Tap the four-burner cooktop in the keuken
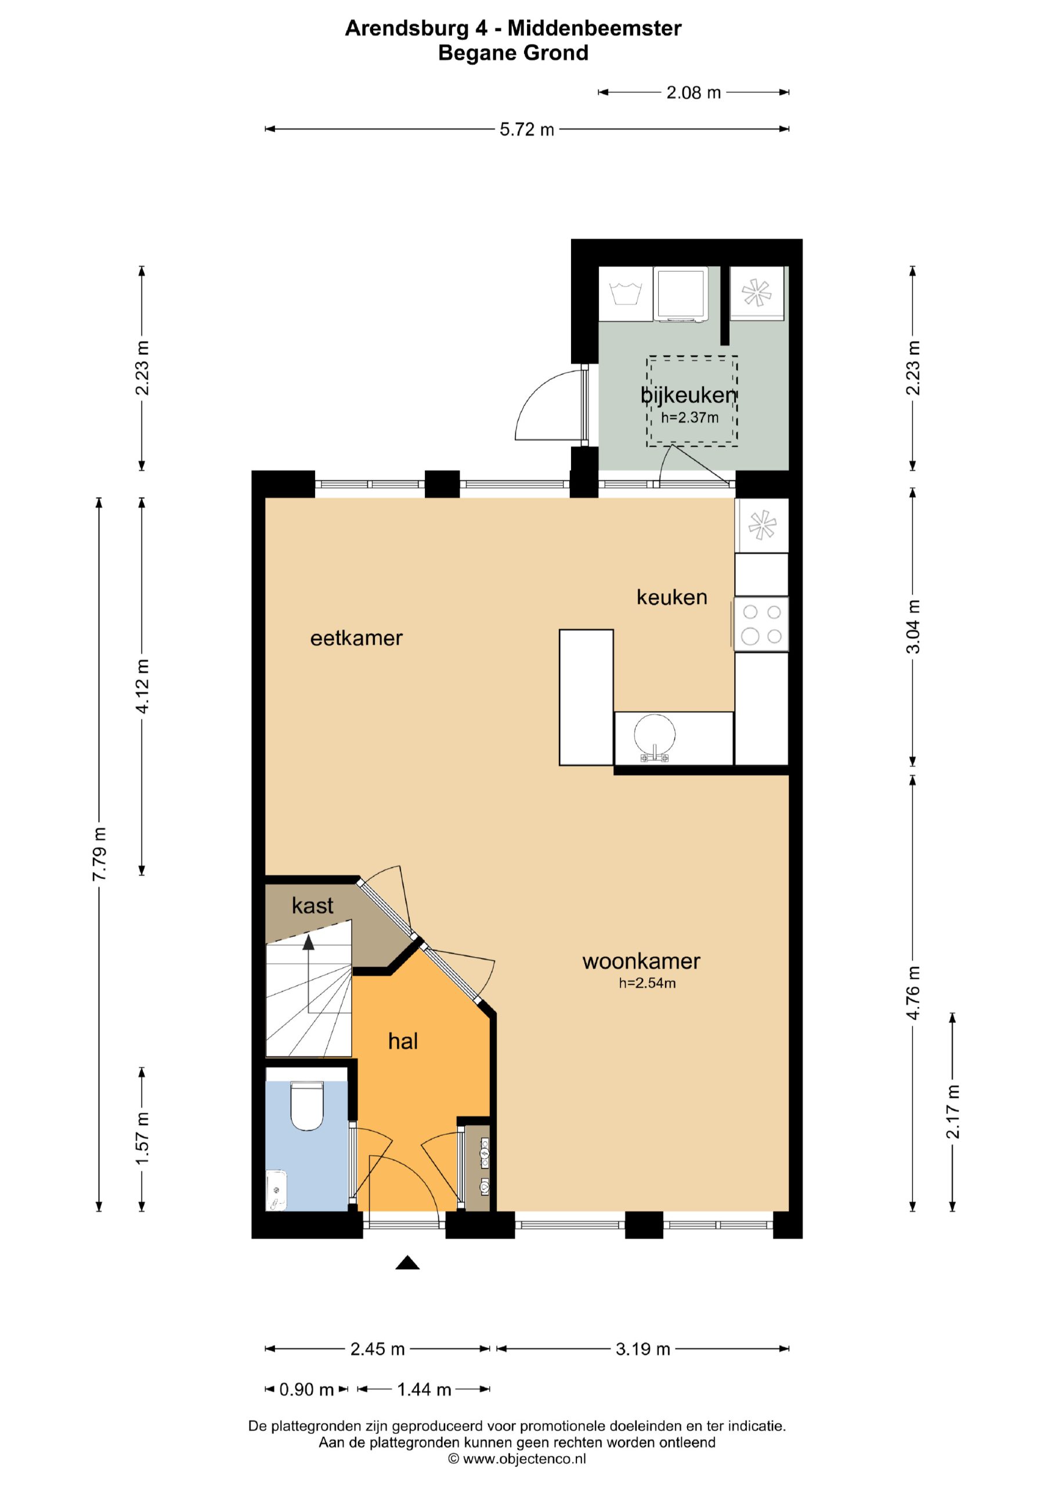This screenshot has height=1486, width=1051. click(762, 624)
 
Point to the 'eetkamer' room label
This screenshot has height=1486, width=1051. click(356, 638)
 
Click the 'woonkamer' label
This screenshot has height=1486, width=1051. click(641, 961)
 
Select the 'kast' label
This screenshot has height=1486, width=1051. click(313, 906)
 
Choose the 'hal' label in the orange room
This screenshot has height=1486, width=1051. click(403, 1041)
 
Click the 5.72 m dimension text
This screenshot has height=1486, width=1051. click(527, 129)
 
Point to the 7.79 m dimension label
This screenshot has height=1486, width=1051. click(99, 854)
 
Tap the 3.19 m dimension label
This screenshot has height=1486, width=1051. click(642, 1349)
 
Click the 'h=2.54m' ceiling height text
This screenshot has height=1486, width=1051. click(647, 983)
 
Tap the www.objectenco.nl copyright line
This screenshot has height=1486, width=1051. click(517, 1459)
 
